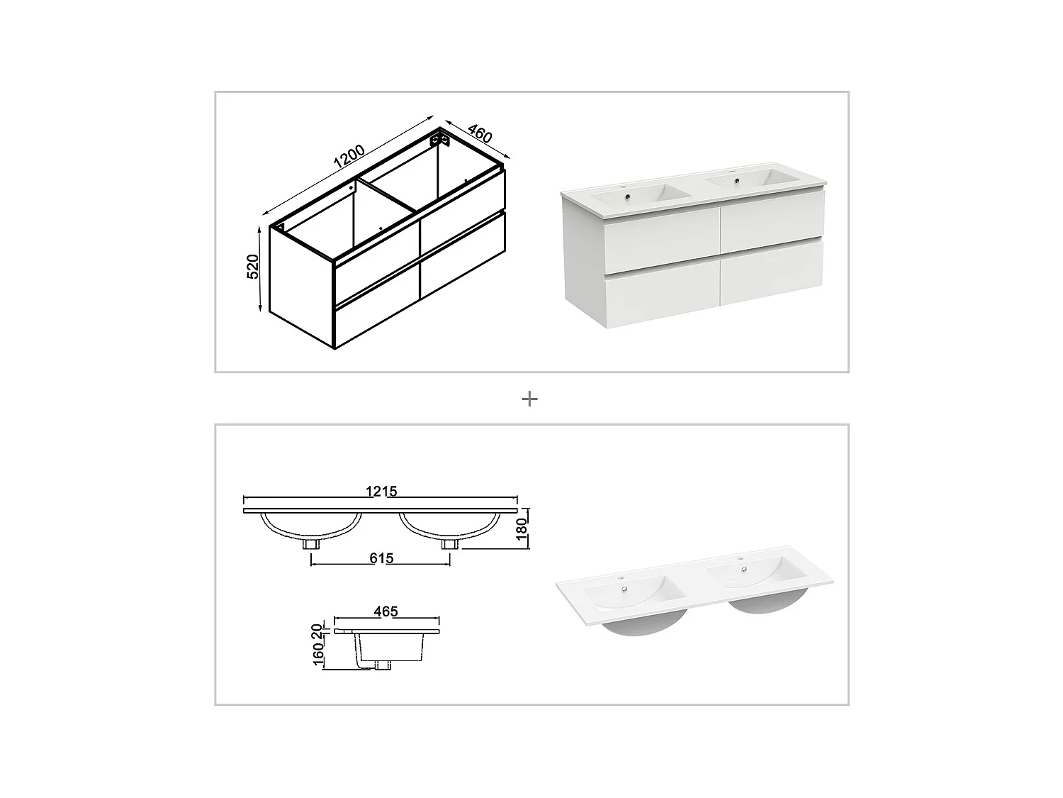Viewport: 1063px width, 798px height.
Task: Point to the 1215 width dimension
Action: pyautogui.click(x=381, y=491)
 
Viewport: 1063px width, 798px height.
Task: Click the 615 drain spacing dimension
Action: pyautogui.click(x=381, y=558)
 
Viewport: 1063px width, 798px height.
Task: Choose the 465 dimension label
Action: pyautogui.click(x=386, y=611)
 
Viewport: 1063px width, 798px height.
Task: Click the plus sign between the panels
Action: pyautogui.click(x=529, y=399)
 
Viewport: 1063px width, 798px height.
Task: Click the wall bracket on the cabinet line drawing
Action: pyautogui.click(x=439, y=139)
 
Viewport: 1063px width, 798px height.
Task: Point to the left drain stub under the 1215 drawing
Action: pyautogui.click(x=311, y=544)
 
